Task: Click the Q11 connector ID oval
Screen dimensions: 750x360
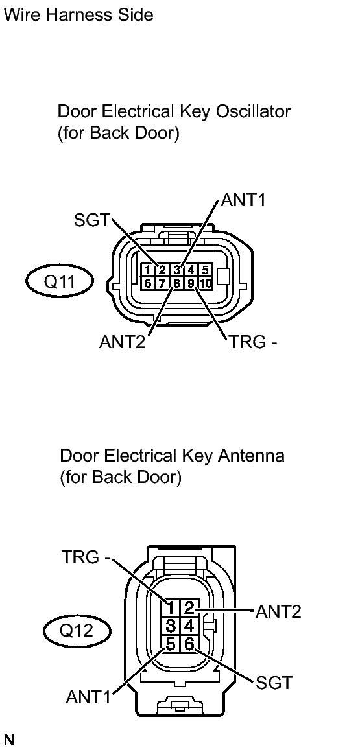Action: click(x=59, y=282)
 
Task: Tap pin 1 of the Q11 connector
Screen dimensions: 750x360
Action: click(x=149, y=270)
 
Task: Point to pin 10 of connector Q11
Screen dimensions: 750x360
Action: click(x=206, y=283)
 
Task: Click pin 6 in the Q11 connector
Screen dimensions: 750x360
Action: click(x=149, y=283)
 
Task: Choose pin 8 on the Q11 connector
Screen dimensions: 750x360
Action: click(x=176, y=283)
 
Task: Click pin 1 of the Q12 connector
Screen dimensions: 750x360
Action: click(x=171, y=607)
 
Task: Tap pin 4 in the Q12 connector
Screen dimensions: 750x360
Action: click(x=189, y=626)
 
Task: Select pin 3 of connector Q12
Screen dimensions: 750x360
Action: click(x=171, y=626)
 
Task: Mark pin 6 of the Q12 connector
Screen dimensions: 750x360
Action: click(x=189, y=644)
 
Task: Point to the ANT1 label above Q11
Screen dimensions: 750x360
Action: click(x=243, y=200)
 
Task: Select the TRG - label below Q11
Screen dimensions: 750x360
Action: click(x=253, y=342)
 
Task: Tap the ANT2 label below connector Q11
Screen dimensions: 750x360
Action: click(x=122, y=342)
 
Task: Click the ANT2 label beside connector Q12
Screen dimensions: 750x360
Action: click(x=279, y=611)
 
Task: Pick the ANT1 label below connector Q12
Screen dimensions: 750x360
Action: click(x=89, y=697)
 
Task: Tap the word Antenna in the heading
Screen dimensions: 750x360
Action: click(x=249, y=456)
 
